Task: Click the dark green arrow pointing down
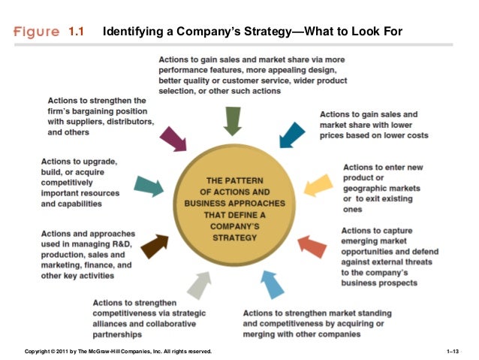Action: (233, 120)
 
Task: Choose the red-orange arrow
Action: (312, 245)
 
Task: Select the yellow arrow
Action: (316, 184)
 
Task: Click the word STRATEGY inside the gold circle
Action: (232, 237)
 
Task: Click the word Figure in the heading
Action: (35, 32)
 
